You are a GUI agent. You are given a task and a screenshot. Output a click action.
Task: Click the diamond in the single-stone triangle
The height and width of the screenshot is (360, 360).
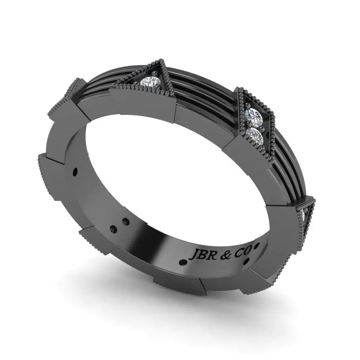pos(150,82)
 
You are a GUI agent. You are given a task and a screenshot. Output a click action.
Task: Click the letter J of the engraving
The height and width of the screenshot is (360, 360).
pos(193,255)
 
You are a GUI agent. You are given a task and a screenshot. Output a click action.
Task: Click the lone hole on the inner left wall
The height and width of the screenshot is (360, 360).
pos(75,172)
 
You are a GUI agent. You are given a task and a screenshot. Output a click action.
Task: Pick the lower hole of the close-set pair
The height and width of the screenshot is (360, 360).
pos(113,230)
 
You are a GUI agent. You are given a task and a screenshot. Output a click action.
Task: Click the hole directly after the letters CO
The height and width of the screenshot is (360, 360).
pos(257,245)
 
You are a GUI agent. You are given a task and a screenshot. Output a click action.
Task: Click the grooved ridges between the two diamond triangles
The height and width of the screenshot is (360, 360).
pos(200,88)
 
